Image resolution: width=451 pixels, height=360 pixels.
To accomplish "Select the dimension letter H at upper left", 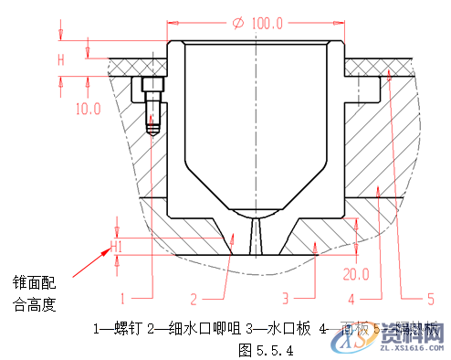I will pyautogui.click(x=62, y=60).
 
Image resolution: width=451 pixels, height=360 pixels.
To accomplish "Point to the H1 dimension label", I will pyautogui.click(x=116, y=246).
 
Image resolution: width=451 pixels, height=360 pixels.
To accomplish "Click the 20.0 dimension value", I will pyautogui.click(x=356, y=273).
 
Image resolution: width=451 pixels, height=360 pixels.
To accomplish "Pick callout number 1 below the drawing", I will pyautogui.click(x=124, y=297).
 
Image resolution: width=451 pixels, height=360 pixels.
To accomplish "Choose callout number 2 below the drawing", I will pyautogui.click(x=194, y=297).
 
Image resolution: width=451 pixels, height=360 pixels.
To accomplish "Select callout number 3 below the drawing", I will pyautogui.click(x=285, y=297).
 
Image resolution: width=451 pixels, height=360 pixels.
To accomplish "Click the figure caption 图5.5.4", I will pyautogui.click(x=265, y=348).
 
